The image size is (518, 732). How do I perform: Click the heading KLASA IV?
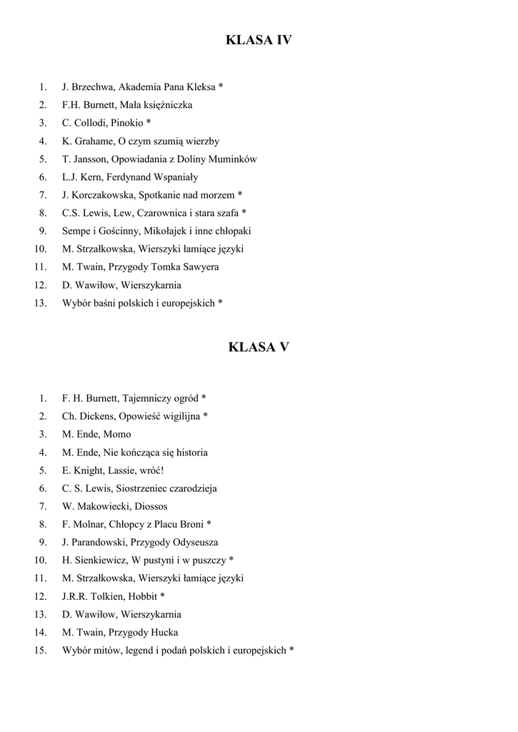coord(259,41)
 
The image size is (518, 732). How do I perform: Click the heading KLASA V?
coord(259,347)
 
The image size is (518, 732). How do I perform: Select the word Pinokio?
coord(126,123)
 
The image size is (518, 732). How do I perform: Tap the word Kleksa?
coord(201,87)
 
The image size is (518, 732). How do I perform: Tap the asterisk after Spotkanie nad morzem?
coord(240,194)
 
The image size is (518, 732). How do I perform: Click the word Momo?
coord(117,434)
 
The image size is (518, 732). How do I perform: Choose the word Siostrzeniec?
coord(141,488)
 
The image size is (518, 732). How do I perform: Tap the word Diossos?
coord(151,506)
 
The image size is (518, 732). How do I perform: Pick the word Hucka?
coord(164,632)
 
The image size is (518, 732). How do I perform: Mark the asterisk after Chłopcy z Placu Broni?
coord(209,524)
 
